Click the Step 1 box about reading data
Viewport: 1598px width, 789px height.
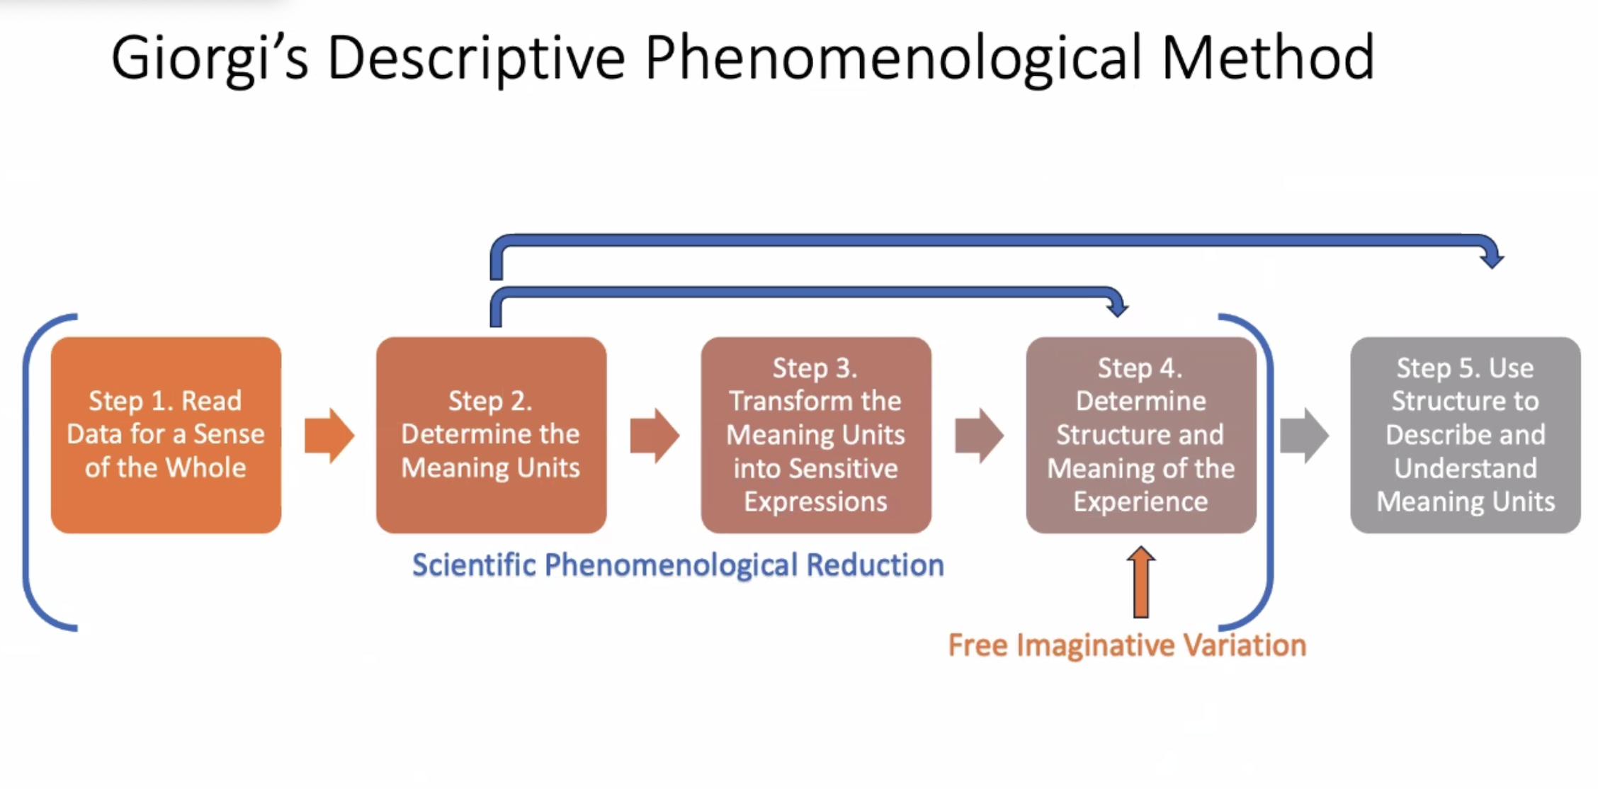[166, 434]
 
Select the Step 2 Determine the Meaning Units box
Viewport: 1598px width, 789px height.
[491, 434]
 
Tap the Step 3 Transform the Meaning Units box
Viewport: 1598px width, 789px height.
[815, 434]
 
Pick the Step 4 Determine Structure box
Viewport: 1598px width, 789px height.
[1140, 434]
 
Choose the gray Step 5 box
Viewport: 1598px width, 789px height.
[1465, 434]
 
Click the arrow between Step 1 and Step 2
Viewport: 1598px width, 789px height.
[329, 436]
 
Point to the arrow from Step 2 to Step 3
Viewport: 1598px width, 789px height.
[654, 436]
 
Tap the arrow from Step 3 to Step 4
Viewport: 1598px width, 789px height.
[979, 436]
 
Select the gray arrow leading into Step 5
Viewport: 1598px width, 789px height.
[1304, 436]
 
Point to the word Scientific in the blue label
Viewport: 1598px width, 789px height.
[474, 565]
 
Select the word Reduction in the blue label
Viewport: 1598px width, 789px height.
[875, 565]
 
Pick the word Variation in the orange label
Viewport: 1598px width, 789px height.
[1245, 645]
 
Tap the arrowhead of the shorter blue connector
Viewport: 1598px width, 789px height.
[1117, 307]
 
